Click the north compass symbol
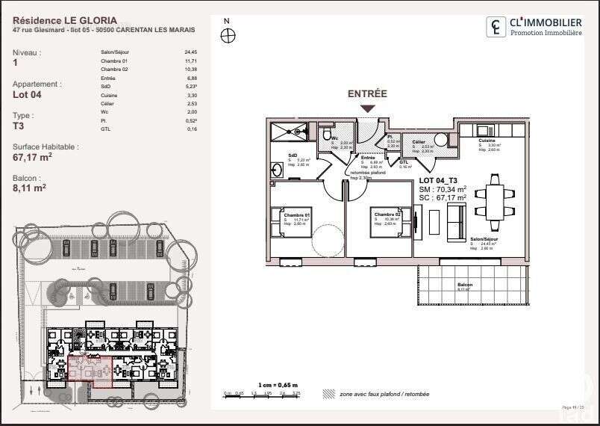(x=228, y=35)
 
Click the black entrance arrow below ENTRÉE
(x=367, y=109)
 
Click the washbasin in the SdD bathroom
(x=277, y=170)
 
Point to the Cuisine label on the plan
(x=487, y=141)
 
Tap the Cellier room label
(x=418, y=141)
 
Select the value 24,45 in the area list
(x=190, y=52)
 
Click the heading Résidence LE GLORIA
(x=65, y=21)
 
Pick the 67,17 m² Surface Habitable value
(x=32, y=158)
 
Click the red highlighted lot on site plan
(x=90, y=371)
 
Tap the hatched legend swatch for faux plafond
(x=328, y=393)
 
